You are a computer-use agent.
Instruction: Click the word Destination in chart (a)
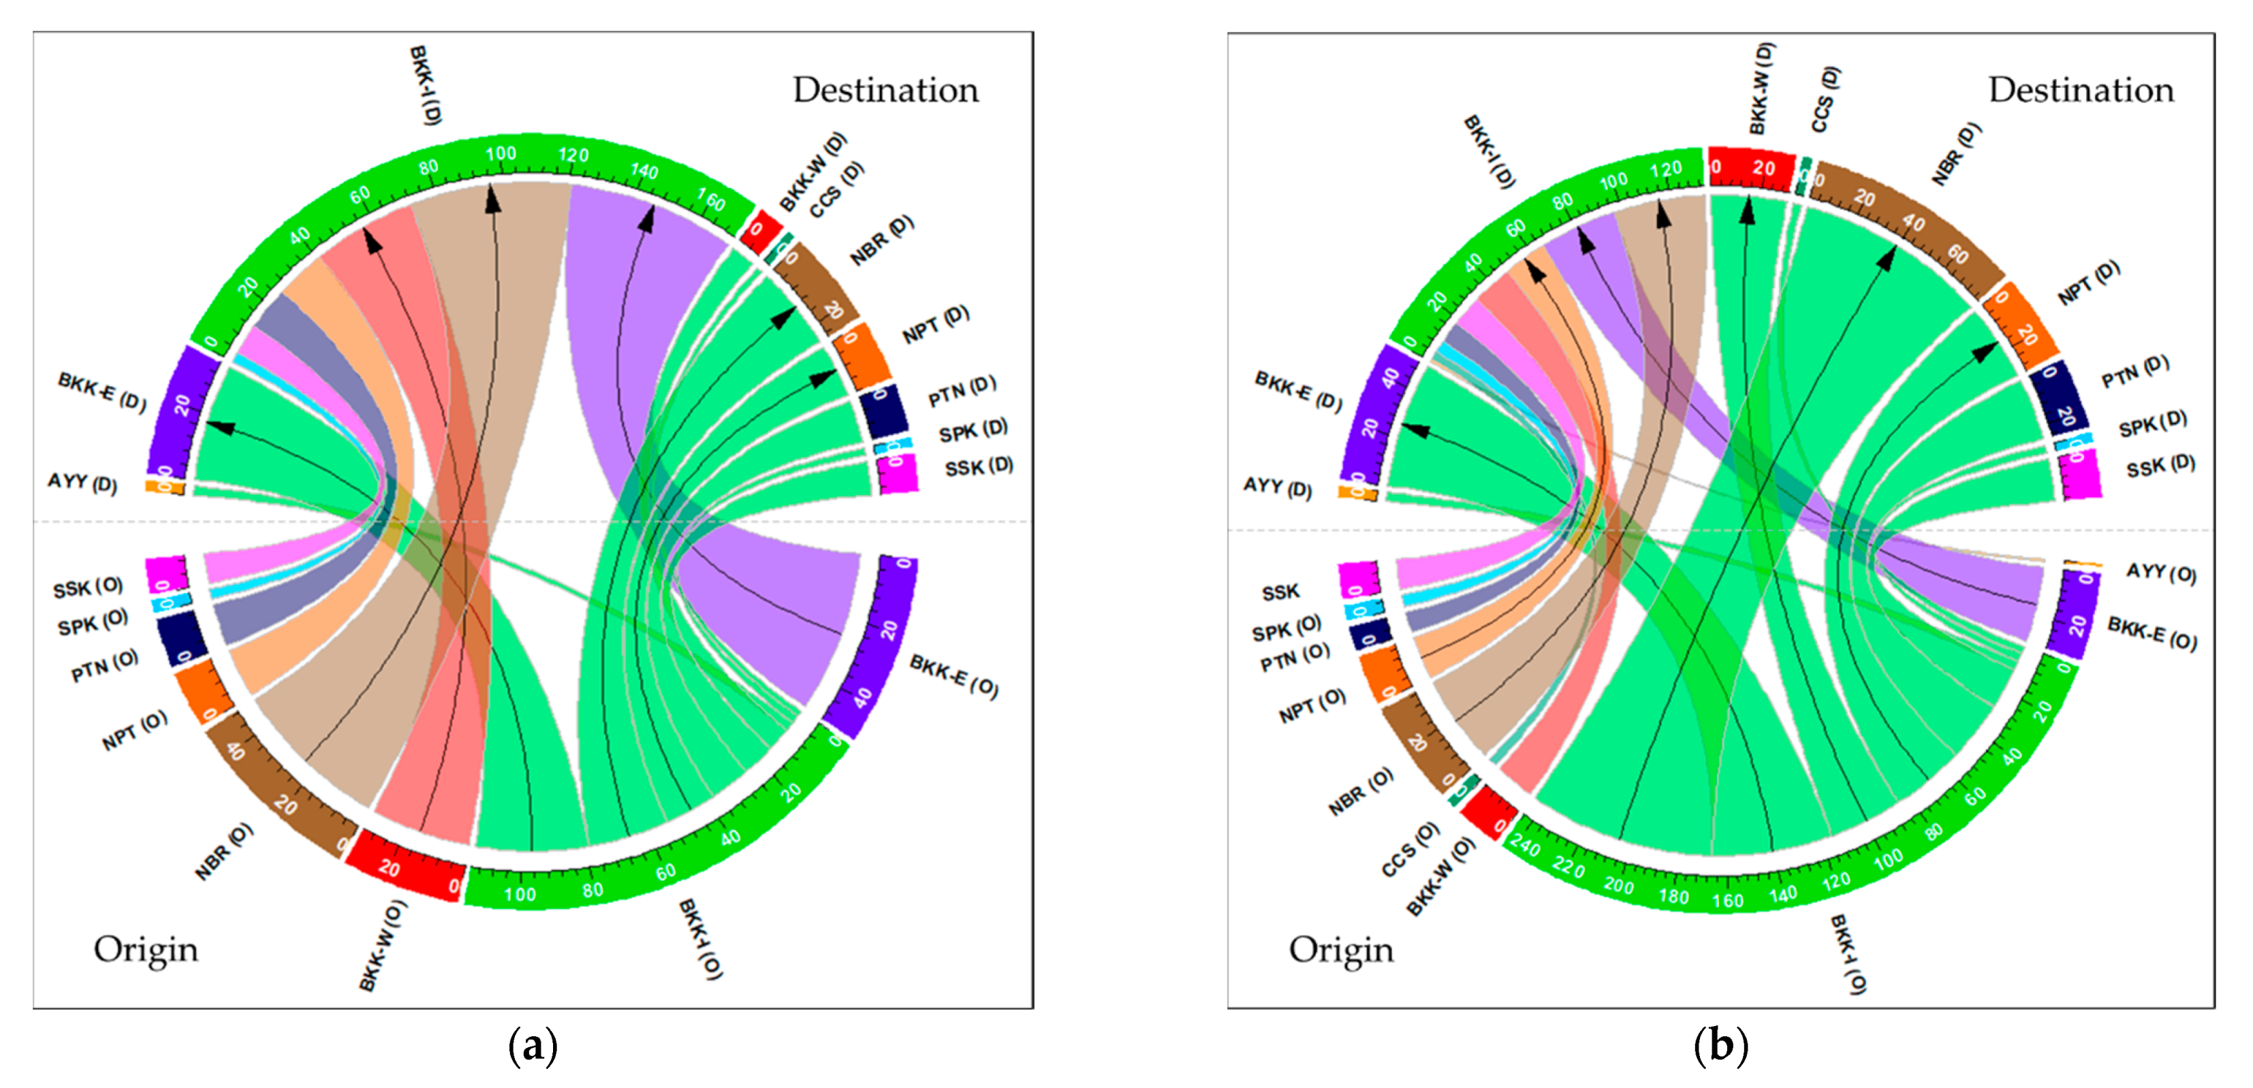[x=885, y=90]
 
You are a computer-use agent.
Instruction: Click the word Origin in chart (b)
[x=1341, y=950]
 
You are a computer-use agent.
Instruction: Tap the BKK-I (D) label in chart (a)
[x=426, y=85]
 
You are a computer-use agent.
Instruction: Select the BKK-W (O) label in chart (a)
[x=382, y=947]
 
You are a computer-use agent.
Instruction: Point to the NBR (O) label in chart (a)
[x=224, y=851]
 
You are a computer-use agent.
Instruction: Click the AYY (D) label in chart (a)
[x=82, y=482]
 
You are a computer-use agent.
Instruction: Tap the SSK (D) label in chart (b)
[x=2160, y=466]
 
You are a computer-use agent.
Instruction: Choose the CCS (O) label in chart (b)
[x=1410, y=848]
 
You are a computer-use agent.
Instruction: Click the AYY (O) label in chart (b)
[x=2161, y=573]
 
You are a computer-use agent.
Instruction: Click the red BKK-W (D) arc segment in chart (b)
[x=1751, y=166]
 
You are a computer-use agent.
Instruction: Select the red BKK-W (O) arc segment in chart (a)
[x=404, y=867]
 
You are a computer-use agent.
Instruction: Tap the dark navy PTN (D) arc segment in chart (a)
[x=883, y=409]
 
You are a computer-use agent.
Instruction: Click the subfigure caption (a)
[x=533, y=1045]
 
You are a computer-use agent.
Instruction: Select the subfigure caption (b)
[x=1720, y=1045]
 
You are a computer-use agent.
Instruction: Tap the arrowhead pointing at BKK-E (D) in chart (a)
[x=221, y=427]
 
